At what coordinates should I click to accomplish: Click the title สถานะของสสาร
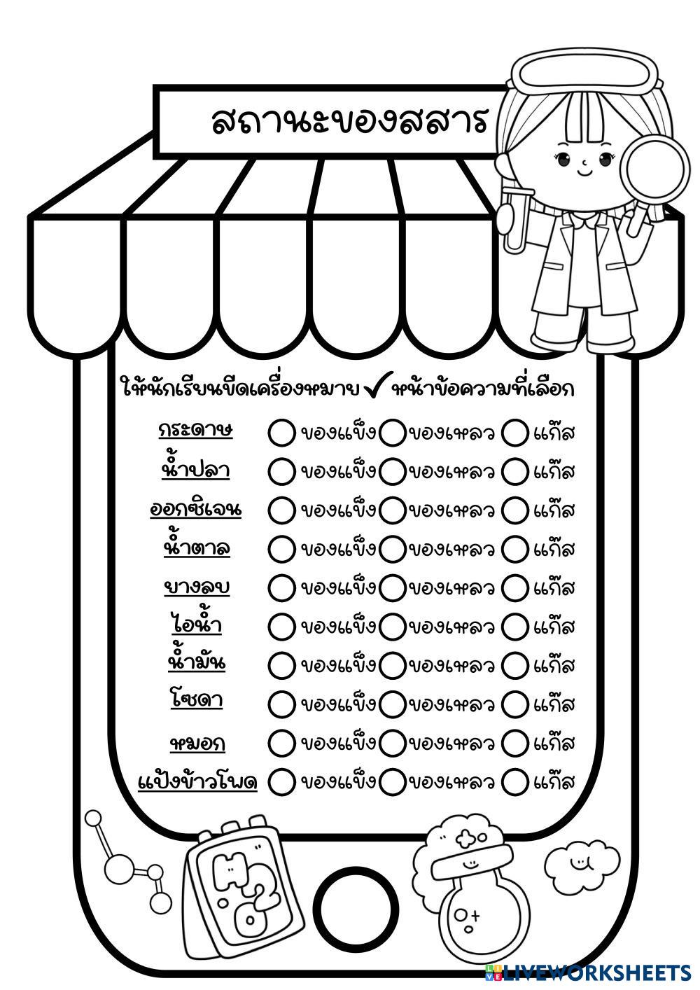coord(349,120)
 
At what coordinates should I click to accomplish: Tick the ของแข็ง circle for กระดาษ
coord(281,432)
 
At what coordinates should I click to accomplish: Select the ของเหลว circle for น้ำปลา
coord(392,470)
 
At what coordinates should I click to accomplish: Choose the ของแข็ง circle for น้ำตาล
coord(281,548)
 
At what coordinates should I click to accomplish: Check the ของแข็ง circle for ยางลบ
coord(281,587)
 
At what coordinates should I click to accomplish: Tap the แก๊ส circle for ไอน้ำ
coord(515,625)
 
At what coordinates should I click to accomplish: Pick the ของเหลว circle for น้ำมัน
coord(392,664)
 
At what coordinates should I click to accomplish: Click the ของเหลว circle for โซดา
coord(392,702)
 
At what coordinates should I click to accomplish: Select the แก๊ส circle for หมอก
coord(515,741)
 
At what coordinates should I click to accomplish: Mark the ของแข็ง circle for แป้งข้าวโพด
coord(281,781)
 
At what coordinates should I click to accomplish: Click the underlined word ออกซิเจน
coord(196,509)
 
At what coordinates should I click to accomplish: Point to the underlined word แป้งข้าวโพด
coord(198,780)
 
